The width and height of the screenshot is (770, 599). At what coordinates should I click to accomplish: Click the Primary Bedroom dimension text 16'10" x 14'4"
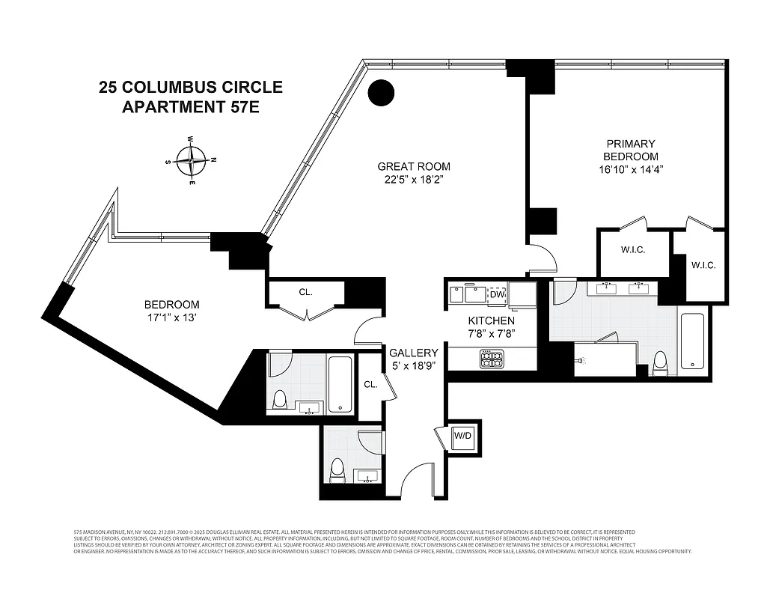coord(630,169)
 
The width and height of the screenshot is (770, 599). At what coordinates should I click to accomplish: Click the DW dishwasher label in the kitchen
coord(498,294)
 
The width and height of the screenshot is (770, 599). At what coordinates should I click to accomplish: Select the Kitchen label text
coord(492,320)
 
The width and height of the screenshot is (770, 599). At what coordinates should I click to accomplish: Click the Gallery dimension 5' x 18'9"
coord(413,365)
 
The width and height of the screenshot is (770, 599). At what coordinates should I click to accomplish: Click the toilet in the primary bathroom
coord(660,364)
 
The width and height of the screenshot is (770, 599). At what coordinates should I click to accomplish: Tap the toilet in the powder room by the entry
coord(337,469)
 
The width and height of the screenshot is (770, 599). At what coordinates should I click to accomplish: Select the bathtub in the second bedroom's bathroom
coord(340,384)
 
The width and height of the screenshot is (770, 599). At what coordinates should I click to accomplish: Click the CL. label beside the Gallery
coord(370,384)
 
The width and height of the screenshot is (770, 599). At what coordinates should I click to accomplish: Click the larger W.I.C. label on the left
coord(632,249)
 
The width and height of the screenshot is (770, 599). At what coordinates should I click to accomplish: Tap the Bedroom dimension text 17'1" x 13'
coord(171,317)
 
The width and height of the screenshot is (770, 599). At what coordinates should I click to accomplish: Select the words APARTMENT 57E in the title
coord(191,107)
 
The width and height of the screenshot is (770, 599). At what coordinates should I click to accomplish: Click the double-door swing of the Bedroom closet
coord(306,311)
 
